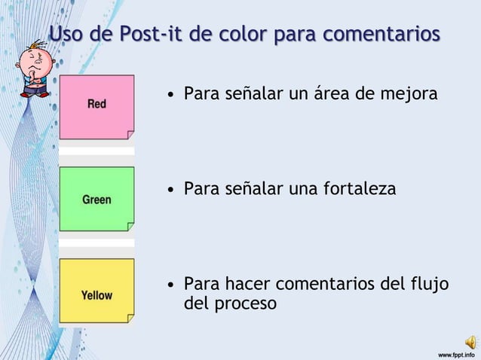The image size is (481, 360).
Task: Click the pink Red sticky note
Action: pos(97,107)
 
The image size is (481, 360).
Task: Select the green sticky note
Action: pos(97,199)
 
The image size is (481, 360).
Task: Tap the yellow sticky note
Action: pos(97,291)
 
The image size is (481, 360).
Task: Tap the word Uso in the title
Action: pos(66,35)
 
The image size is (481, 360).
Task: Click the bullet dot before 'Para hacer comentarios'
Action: pos(173,285)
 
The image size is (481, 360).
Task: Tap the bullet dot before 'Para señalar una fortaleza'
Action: pos(173,189)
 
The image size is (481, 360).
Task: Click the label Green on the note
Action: pos(97,200)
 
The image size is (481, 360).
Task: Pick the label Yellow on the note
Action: pos(97,295)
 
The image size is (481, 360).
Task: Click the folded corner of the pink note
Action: pos(130,135)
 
